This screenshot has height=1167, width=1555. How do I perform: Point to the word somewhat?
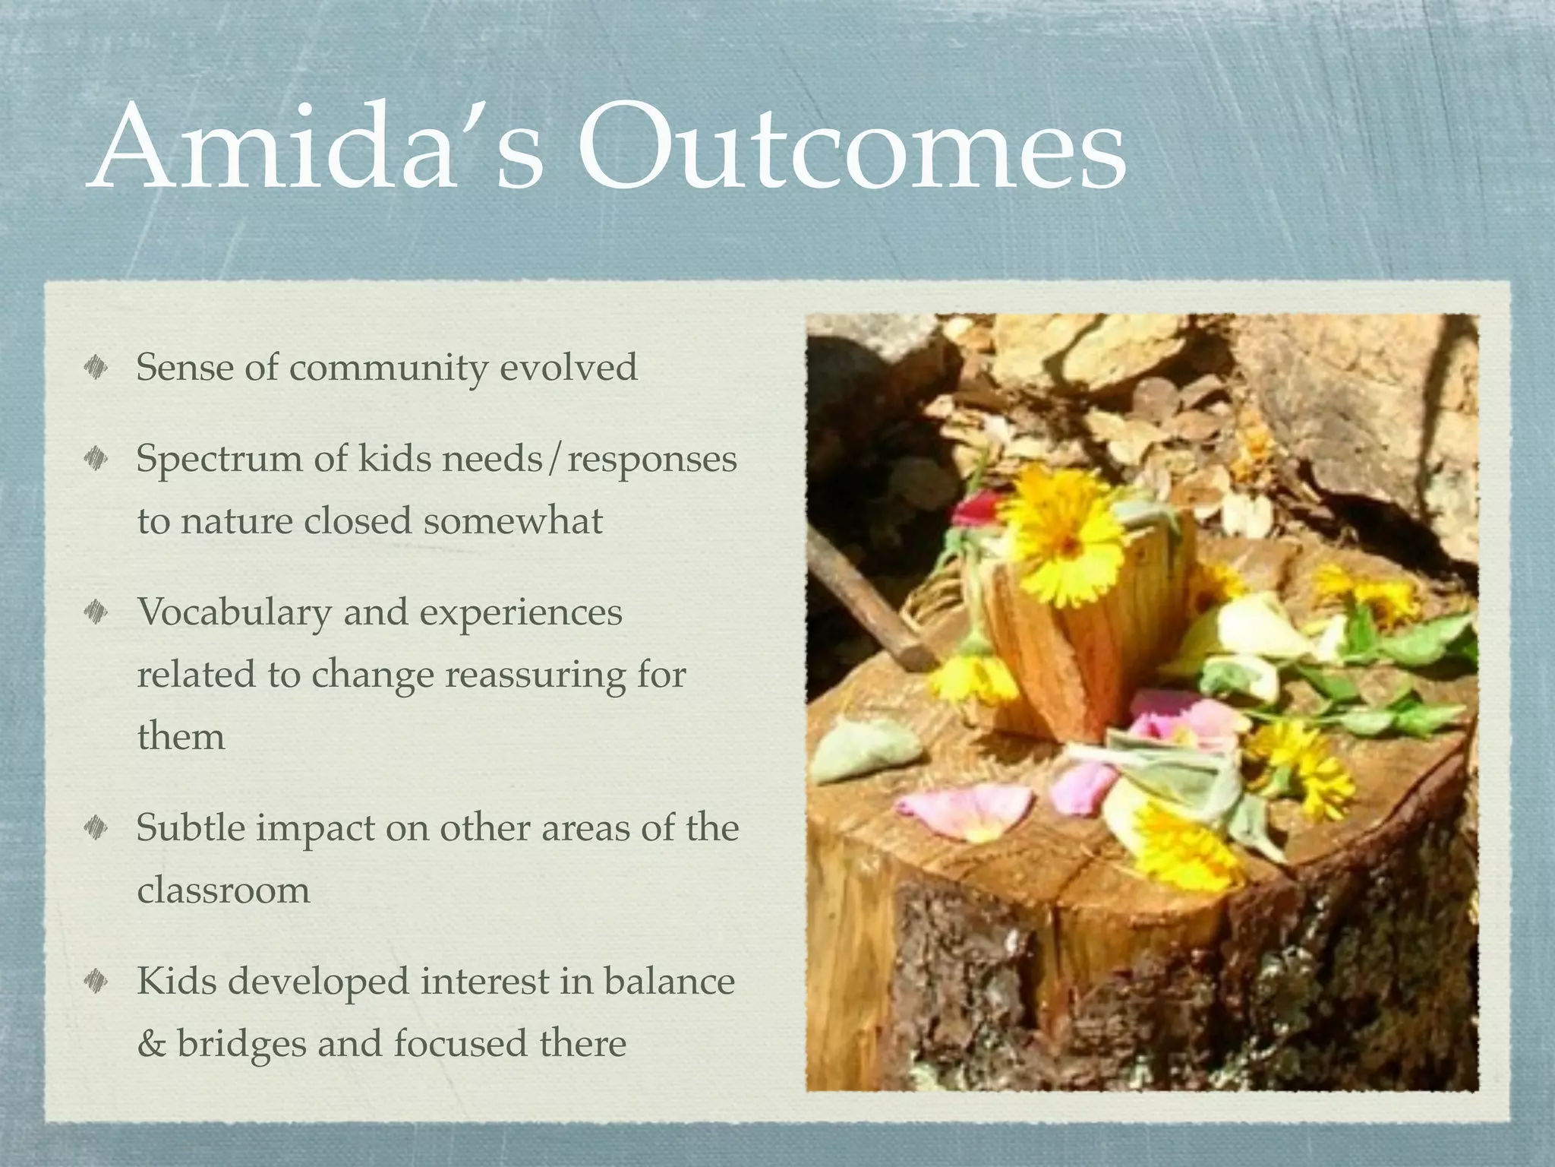(513, 521)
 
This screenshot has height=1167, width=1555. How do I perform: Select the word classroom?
(224, 890)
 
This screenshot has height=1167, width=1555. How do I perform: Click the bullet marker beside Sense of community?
(96, 369)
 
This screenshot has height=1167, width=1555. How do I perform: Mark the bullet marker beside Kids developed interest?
(96, 982)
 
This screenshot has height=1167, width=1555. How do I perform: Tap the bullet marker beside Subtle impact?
(96, 828)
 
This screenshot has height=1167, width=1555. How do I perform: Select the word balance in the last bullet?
(669, 982)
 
